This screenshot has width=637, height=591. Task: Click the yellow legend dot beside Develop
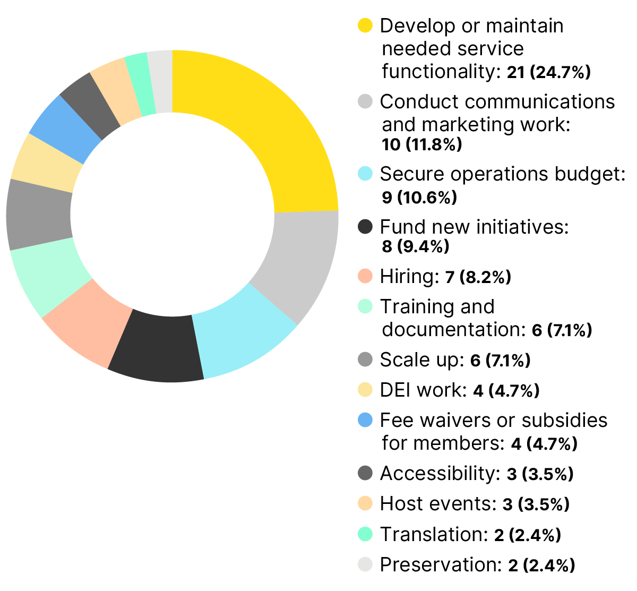click(365, 25)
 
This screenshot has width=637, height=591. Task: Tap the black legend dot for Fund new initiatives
click(365, 227)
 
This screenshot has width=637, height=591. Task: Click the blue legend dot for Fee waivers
click(365, 420)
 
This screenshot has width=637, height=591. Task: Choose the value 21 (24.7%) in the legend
click(548, 72)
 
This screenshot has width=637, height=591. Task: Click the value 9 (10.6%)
click(419, 198)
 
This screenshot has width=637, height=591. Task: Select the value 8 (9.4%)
click(415, 246)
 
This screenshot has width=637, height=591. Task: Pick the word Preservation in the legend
click(440, 564)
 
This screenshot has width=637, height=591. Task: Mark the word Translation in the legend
click(433, 534)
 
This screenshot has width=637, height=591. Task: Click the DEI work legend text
click(423, 390)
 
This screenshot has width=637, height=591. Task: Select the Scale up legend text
click(421, 360)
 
